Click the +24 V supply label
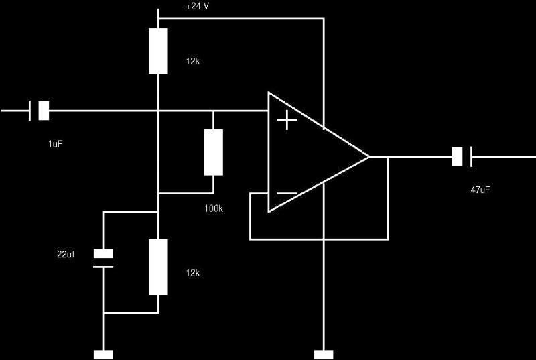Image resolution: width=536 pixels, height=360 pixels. (197, 6)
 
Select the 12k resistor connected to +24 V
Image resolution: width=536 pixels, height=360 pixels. (158, 51)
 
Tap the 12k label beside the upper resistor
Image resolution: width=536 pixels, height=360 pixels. (193, 62)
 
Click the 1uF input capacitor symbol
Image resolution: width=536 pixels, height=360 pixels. (39, 111)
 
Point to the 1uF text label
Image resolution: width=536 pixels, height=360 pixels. (56, 144)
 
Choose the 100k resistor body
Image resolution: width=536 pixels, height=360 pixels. (213, 152)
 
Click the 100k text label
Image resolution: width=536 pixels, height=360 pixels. (214, 208)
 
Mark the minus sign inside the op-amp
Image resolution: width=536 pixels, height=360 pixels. (287, 194)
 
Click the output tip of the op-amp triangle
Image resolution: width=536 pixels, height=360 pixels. (369, 157)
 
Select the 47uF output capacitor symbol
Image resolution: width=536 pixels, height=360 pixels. (462, 157)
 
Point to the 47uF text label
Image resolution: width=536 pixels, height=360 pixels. (480, 190)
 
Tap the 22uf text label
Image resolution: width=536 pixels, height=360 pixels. (66, 254)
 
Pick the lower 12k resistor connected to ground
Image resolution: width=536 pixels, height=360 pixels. (158, 267)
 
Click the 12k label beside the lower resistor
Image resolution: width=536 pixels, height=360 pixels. (193, 273)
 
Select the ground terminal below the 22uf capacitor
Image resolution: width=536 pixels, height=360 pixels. (103, 355)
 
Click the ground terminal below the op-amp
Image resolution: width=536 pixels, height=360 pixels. (324, 355)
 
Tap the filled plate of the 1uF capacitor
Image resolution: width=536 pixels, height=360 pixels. (44, 111)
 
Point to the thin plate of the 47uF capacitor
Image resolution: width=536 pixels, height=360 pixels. (472, 157)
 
